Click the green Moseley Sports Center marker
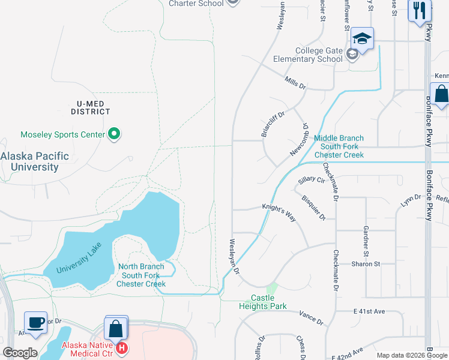click(x=114, y=134)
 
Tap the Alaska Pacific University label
click(x=34, y=161)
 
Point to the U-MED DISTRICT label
click(x=91, y=107)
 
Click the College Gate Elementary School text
click(x=307, y=55)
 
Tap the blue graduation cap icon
click(x=362, y=39)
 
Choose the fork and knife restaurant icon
click(x=419, y=10)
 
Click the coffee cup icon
click(x=35, y=322)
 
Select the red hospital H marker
click(x=122, y=347)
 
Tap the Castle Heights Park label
click(x=263, y=302)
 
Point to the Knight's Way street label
click(x=279, y=212)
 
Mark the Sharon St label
click(x=366, y=264)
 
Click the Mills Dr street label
click(x=295, y=83)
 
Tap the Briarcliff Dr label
click(x=273, y=124)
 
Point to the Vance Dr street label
click(x=311, y=317)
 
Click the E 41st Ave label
click(x=369, y=312)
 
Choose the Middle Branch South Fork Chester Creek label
click(x=339, y=146)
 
